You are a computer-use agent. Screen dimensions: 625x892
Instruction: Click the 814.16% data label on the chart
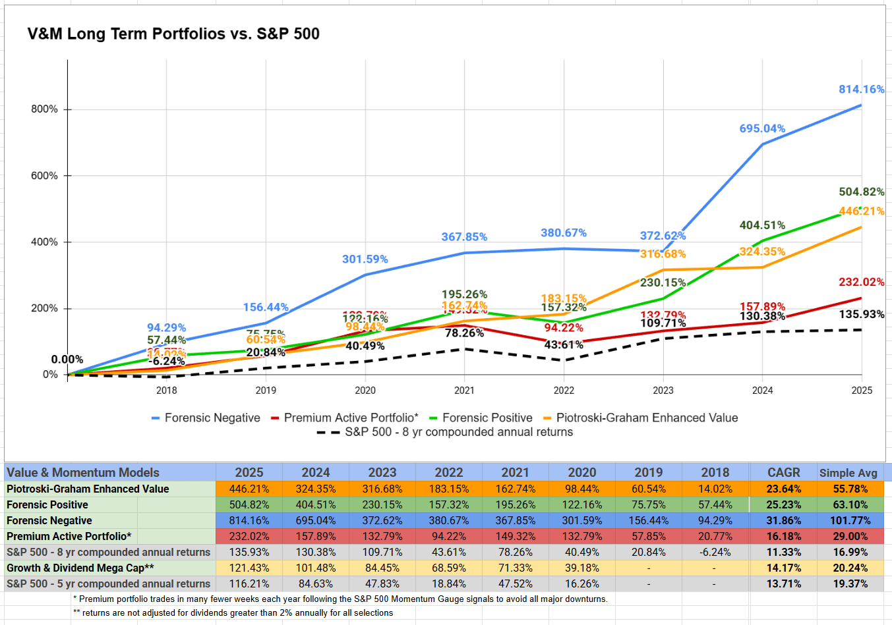861,90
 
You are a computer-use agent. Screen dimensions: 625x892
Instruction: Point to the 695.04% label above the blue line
762,128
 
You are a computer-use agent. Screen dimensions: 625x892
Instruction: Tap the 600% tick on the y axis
45,176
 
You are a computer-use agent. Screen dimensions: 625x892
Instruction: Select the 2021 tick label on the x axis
464,391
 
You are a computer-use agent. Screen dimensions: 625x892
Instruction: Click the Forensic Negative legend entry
212,418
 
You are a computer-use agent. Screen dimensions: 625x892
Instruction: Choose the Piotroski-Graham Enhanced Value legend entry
646,418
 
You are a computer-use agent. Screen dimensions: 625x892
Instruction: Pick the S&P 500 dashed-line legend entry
458,433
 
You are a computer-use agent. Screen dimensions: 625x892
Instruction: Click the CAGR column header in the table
783,473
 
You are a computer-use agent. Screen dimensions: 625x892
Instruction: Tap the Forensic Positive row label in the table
47,505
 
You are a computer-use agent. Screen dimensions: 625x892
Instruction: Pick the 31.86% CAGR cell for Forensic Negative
783,521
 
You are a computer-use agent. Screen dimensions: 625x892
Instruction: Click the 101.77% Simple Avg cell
850,521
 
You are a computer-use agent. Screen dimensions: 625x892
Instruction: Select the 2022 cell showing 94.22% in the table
448,537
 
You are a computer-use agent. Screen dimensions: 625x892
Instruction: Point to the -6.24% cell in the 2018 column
715,553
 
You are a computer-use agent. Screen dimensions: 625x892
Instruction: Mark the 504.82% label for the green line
861,192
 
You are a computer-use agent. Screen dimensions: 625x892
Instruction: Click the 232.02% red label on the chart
861,283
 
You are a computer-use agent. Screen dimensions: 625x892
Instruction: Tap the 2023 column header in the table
382,473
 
